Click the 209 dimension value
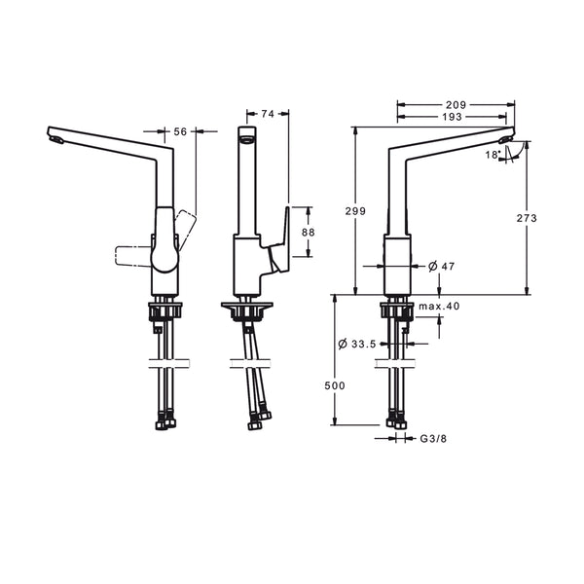pos(456,105)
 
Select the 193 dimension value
pos(453,117)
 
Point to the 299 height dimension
pos(355,211)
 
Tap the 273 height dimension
pos(527,218)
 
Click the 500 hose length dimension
pos(335,385)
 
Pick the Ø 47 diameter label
pos(441,267)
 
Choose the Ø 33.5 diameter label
pos(357,344)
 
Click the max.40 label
pos(439,307)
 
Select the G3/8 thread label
pos(433,439)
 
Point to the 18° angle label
pos(492,155)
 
